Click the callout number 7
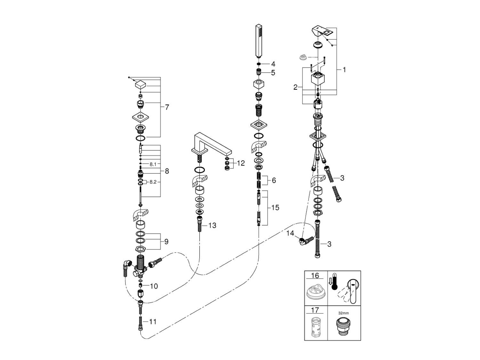[x=167, y=108]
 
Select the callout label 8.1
[x=153, y=164]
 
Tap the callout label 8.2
[x=153, y=182]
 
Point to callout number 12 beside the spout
[x=241, y=163]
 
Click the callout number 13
[x=212, y=226]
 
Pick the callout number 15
[x=275, y=208]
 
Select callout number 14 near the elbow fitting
[x=290, y=233]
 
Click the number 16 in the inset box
[x=315, y=276]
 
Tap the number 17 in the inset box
[x=315, y=310]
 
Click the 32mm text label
[x=343, y=314]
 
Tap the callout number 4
[x=273, y=64]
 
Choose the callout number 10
[x=154, y=286]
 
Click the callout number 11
[x=153, y=321]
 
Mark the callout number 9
[x=166, y=242]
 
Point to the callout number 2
[x=295, y=87]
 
